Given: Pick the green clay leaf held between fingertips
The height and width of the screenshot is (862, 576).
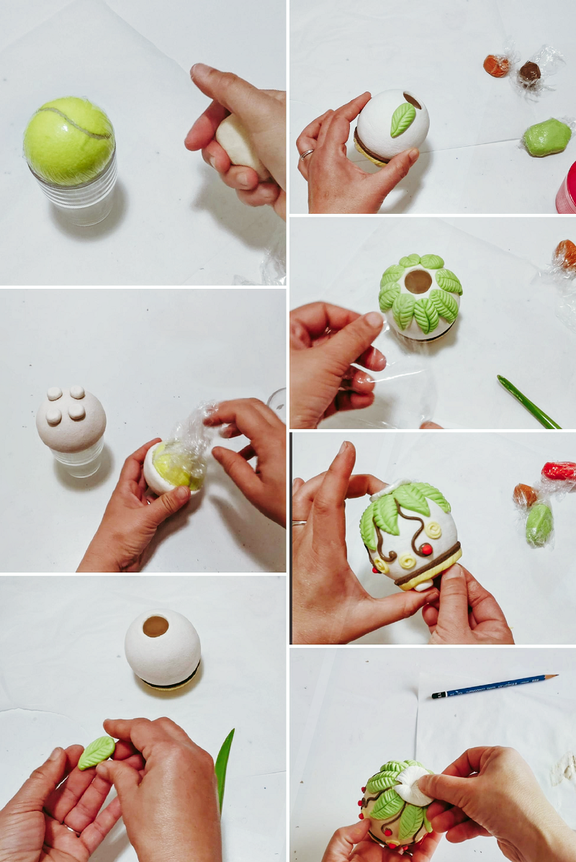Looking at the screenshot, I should [x=96, y=752].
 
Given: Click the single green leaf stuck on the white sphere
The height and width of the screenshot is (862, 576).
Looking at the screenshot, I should [x=403, y=120].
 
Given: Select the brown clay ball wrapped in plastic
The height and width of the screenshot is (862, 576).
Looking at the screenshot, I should [x=530, y=71].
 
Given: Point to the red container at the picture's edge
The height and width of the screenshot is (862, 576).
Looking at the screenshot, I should [x=567, y=189].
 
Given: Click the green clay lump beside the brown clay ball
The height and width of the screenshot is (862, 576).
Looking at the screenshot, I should [x=547, y=137].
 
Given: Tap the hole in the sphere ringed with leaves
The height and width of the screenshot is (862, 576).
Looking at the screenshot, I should [x=418, y=282].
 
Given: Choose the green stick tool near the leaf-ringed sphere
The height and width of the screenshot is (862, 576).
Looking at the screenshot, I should [x=527, y=402].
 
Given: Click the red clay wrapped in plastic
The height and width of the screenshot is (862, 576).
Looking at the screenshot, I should [x=559, y=470].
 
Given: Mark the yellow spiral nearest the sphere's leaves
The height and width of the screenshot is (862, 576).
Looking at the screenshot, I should [x=433, y=529].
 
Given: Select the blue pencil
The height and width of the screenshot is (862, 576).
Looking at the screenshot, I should [x=494, y=686].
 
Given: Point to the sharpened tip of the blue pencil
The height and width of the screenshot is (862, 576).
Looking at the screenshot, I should [x=554, y=676].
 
